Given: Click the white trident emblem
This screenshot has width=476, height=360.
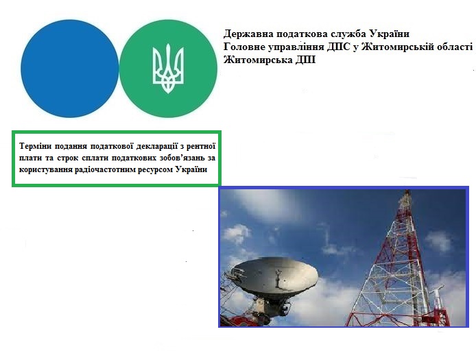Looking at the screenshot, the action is pyautogui.click(x=168, y=69).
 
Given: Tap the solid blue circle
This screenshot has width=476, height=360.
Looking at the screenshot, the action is pyautogui.click(x=69, y=69).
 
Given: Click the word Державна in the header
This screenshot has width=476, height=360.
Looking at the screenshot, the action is pyautogui.click(x=248, y=34).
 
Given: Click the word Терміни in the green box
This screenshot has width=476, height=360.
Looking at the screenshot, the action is pyautogui.click(x=34, y=146).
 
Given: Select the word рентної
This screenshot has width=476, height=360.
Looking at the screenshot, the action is pyautogui.click(x=201, y=146).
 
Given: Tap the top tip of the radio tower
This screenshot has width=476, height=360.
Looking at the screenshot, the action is pyautogui.click(x=408, y=191).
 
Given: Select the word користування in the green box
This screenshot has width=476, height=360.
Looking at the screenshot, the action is pyautogui.click(x=45, y=169).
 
